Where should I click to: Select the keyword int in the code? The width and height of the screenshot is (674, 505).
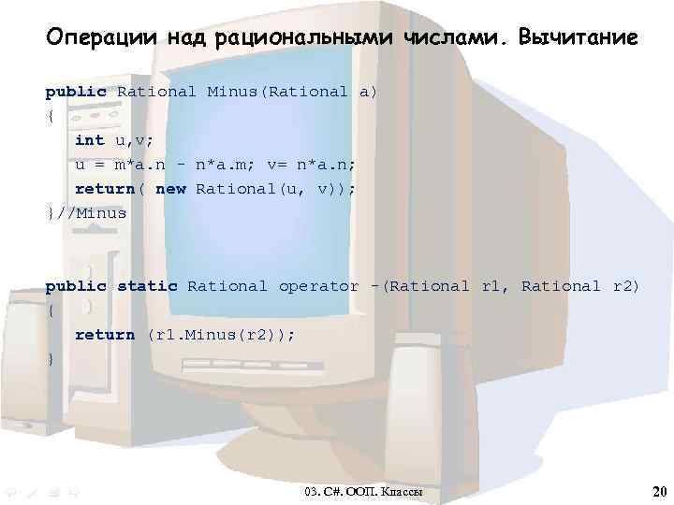pyautogui.click(x=89, y=140)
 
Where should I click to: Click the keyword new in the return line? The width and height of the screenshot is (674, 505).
pyautogui.click(x=170, y=189)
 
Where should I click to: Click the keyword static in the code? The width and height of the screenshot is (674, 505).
pyautogui.click(x=146, y=286)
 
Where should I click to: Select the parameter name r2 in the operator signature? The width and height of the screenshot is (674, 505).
pyautogui.click(x=626, y=286)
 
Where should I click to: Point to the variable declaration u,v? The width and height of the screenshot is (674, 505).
pyautogui.click(x=134, y=140)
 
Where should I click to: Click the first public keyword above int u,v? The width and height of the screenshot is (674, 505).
pyautogui.click(x=76, y=92)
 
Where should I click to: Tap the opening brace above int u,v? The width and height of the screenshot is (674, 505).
pyautogui.click(x=50, y=116)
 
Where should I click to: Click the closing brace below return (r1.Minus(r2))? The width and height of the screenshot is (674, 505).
pyautogui.click(x=50, y=359)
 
